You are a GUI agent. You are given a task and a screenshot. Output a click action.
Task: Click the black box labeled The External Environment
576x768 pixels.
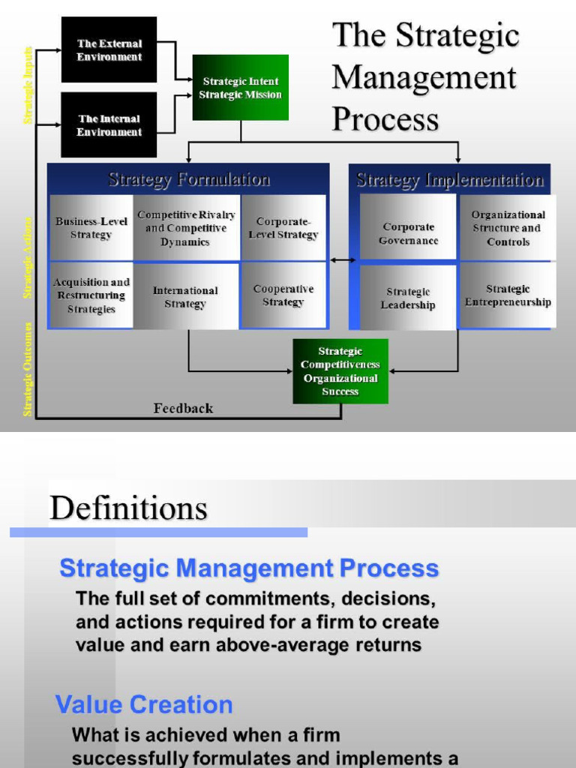[x=109, y=49]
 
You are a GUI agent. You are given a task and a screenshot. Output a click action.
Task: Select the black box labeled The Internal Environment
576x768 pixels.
[x=109, y=124]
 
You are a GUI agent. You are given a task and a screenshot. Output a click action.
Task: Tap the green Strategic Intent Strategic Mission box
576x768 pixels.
[x=240, y=88]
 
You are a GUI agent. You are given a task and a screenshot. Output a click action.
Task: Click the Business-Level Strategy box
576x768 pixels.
[x=91, y=228]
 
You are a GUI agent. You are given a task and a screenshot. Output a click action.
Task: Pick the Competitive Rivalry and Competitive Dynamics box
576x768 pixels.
[x=186, y=228]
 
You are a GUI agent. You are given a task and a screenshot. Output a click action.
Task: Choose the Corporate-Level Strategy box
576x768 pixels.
[x=283, y=228]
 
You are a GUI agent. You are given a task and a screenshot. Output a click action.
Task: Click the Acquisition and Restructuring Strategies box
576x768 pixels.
[x=91, y=295]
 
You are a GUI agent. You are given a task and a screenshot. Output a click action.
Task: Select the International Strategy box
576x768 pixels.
[x=186, y=296]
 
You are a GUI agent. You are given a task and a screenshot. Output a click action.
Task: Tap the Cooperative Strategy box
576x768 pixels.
[x=283, y=295]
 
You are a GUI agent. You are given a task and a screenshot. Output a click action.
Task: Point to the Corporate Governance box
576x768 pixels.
[x=408, y=233]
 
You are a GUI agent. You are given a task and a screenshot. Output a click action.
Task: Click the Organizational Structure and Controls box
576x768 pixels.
[x=508, y=228]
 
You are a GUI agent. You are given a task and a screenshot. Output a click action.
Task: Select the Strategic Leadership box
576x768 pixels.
[x=408, y=298]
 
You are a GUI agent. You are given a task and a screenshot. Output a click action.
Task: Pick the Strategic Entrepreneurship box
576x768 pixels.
[x=508, y=295]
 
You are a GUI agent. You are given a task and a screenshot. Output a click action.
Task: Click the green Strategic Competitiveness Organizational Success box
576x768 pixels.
[x=340, y=371]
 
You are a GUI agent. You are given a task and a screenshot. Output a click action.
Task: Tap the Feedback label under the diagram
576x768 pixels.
[x=183, y=409]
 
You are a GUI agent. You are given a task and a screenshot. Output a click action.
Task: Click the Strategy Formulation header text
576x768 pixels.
[x=189, y=179]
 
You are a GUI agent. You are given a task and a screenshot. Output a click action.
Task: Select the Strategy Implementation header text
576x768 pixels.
[x=450, y=180]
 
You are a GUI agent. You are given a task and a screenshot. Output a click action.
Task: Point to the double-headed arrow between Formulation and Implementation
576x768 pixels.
[x=343, y=260]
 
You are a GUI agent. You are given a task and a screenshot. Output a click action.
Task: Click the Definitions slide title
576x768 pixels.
[x=128, y=508]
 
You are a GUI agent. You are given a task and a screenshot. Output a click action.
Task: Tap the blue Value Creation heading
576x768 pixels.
[x=144, y=705]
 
